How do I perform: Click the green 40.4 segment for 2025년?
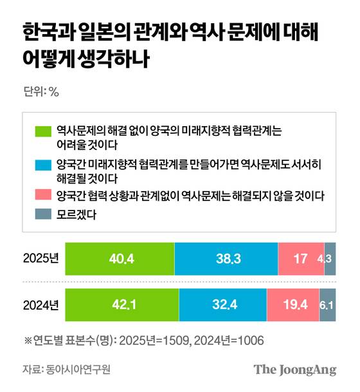pyautogui.click(x=120, y=259)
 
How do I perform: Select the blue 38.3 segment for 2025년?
pyautogui.click(x=226, y=259)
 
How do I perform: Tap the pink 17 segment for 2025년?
pyautogui.click(x=301, y=259)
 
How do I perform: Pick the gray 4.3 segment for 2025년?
pyautogui.click(x=330, y=259)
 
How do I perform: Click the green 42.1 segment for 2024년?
pyautogui.click(x=122, y=304)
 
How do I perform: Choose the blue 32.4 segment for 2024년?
pyautogui.click(x=222, y=304)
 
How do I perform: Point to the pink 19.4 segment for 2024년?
pyautogui.click(x=292, y=304)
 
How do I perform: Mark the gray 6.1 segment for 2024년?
pyautogui.click(x=327, y=304)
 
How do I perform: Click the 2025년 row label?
pyautogui.click(x=40, y=259)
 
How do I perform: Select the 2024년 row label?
pyautogui.click(x=40, y=304)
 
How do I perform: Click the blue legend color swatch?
pyautogui.click(x=44, y=164)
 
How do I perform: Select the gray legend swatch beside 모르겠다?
pyautogui.click(x=44, y=216)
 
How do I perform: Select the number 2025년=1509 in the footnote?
pyautogui.click(x=159, y=339)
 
